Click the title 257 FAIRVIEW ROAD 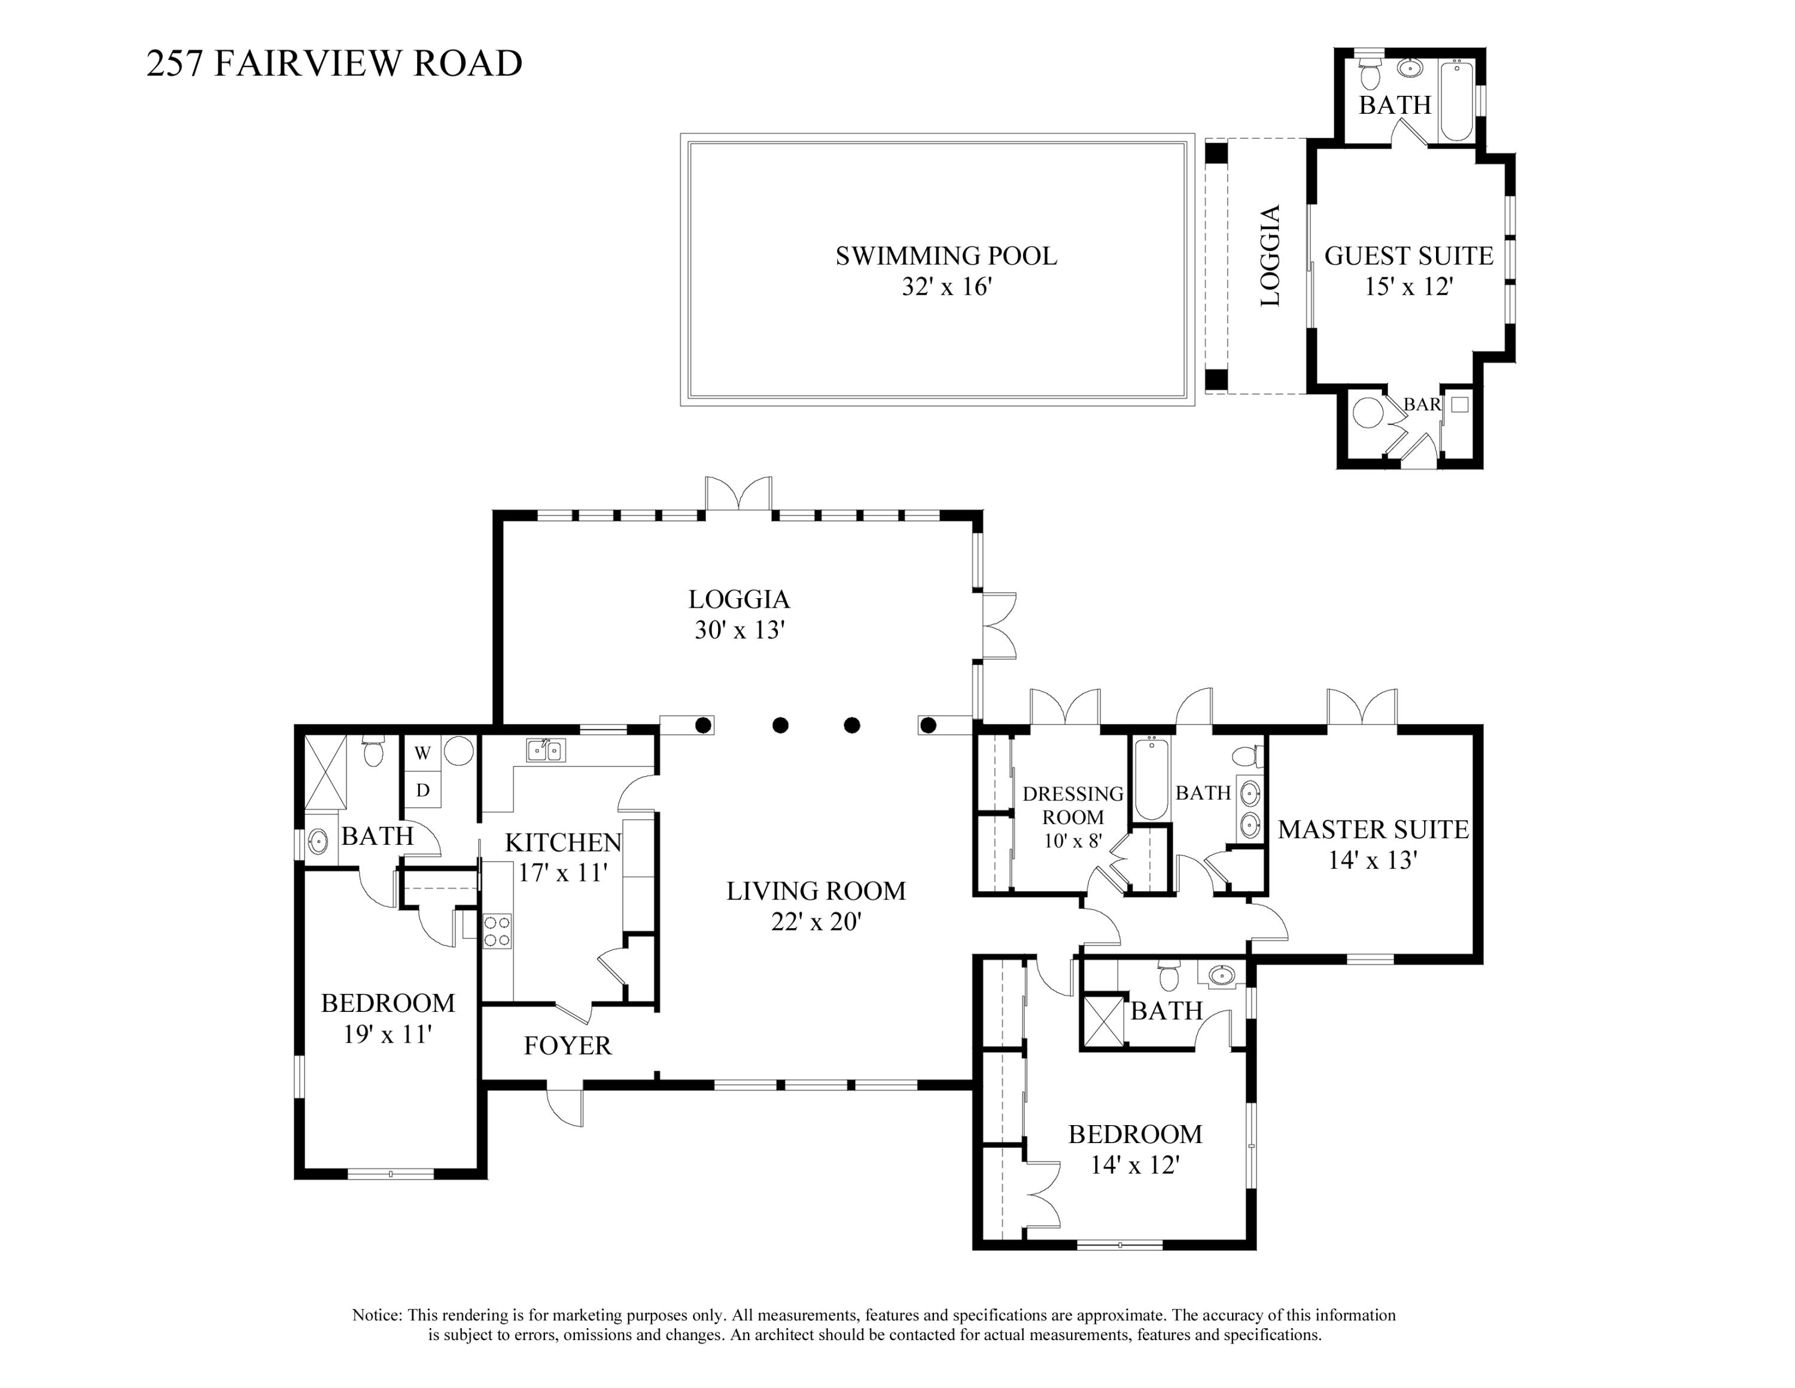(334, 64)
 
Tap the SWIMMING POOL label (946, 256)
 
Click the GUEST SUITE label (1408, 256)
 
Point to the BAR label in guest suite (1421, 405)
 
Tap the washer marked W (422, 753)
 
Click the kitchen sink (546, 750)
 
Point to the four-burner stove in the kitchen (497, 931)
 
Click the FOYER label (567, 1046)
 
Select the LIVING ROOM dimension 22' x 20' (816, 922)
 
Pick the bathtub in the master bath (1150, 778)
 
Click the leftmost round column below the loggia (704, 725)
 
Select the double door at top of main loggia (739, 496)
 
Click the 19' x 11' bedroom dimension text (387, 1035)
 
